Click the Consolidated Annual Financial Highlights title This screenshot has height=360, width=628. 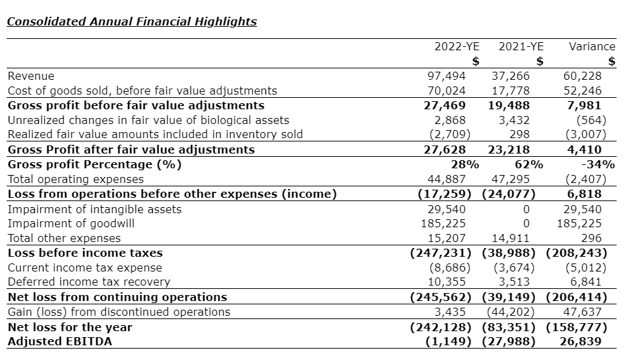pyautogui.click(x=131, y=21)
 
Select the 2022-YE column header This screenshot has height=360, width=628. pyautogui.click(x=457, y=47)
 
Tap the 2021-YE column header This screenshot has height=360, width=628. pyautogui.click(x=521, y=47)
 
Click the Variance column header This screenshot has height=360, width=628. pyautogui.click(x=591, y=47)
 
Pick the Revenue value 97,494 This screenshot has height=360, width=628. pyautogui.click(x=446, y=76)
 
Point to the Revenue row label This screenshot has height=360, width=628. pyautogui.click(x=31, y=76)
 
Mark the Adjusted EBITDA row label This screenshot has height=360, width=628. pyautogui.click(x=60, y=342)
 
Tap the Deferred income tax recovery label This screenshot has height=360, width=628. pyautogui.click(x=88, y=282)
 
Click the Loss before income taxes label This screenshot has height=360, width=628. pyautogui.click(x=85, y=253)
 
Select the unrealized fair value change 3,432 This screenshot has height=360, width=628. pyautogui.click(x=514, y=120)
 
